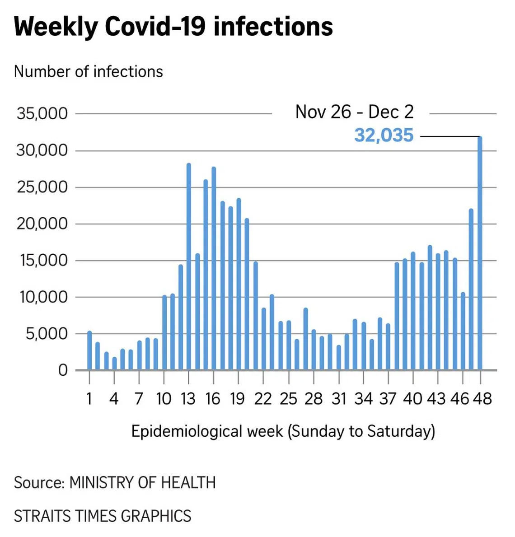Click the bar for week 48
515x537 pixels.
point(480,253)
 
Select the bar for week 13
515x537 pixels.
point(189,266)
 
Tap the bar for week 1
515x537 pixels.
point(89,350)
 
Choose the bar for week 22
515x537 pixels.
point(264,339)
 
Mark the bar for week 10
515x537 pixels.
point(164,332)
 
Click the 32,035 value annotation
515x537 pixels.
point(384,135)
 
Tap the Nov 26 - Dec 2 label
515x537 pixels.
point(354,112)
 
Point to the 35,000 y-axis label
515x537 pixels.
point(42,113)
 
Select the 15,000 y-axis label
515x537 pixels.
point(42,261)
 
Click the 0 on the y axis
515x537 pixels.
point(63,370)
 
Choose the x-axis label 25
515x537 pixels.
point(288,399)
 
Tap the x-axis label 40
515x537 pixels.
point(412,399)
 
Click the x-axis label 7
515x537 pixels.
point(139,399)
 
